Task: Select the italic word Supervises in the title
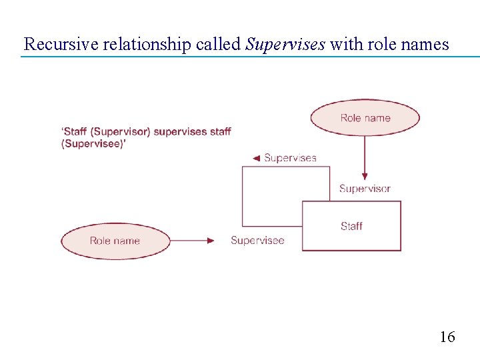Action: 285,45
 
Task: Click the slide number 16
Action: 447,337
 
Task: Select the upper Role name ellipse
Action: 365,118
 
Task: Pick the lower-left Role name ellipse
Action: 115,241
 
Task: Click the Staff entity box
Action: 351,226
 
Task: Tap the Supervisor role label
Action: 365,189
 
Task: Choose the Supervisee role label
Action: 257,241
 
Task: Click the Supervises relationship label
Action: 290,158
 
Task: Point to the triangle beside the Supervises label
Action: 256,158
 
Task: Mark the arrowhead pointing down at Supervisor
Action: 365,176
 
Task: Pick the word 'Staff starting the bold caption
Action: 74,131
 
